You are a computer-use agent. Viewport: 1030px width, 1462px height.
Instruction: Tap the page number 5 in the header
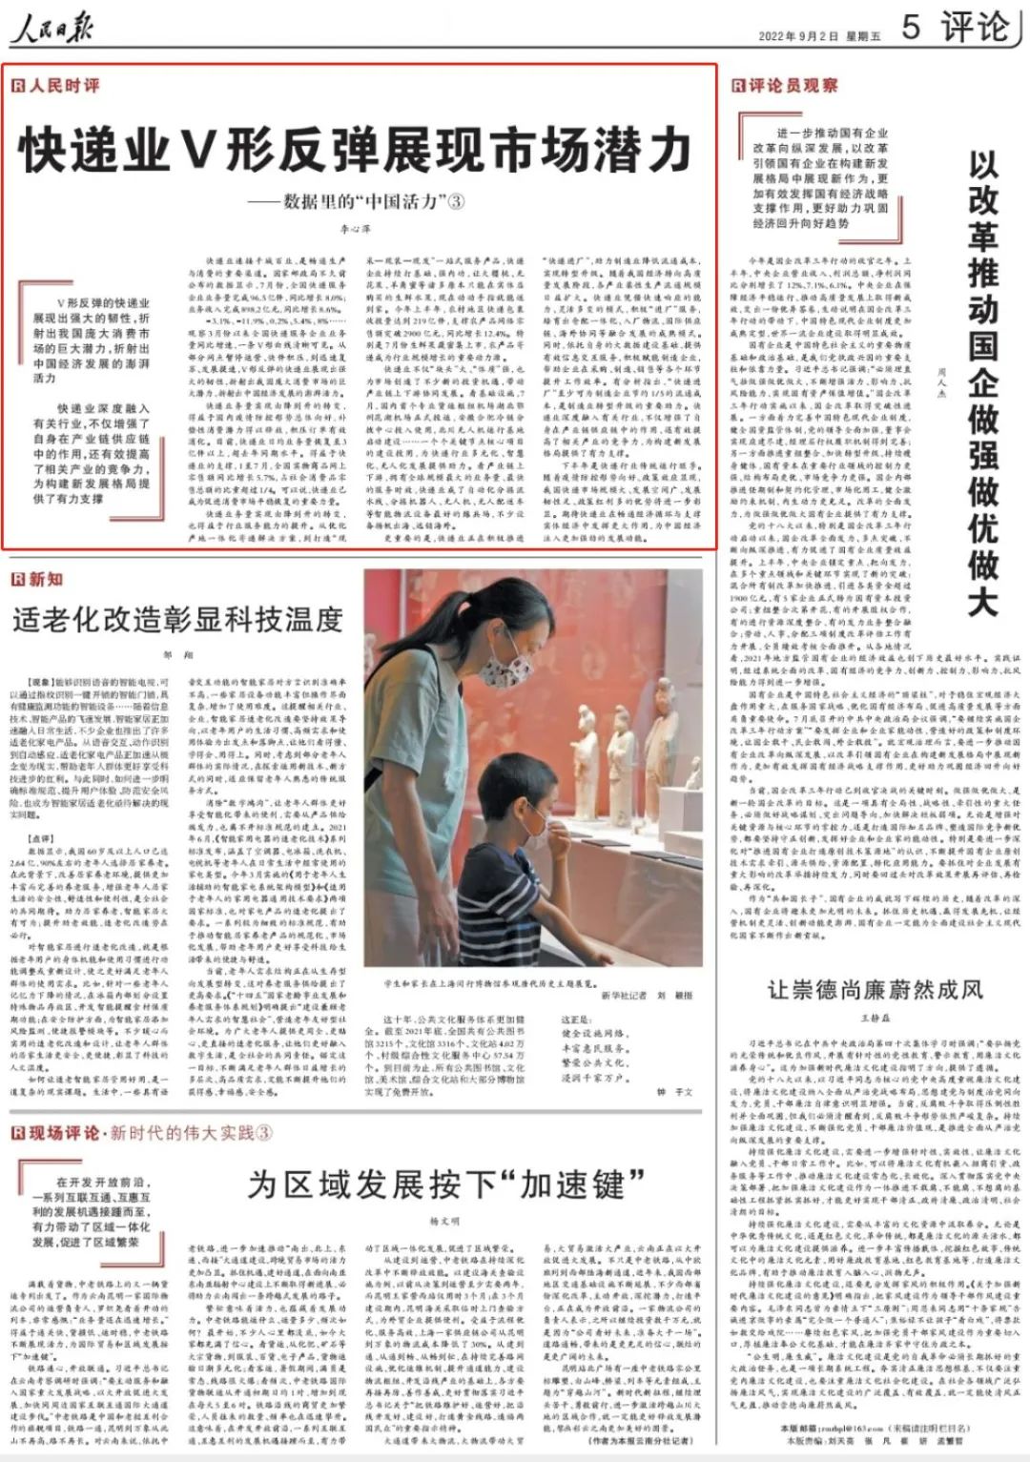pos(911,27)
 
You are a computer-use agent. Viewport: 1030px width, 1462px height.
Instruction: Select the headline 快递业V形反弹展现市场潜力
pos(355,150)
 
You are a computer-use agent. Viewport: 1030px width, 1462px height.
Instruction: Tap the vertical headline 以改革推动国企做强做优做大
pos(982,381)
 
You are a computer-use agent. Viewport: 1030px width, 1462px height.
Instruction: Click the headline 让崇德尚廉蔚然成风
pos(875,989)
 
